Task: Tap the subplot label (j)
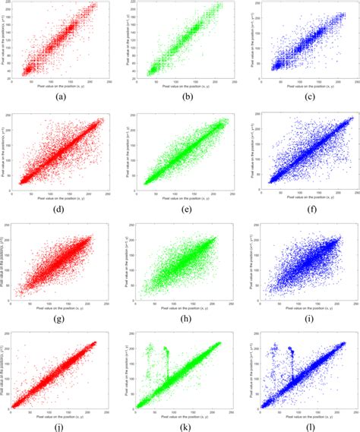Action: pos(60,424)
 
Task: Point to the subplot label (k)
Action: pos(182,424)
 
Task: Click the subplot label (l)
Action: pos(302,424)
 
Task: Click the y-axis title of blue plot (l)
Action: pos(247,367)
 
